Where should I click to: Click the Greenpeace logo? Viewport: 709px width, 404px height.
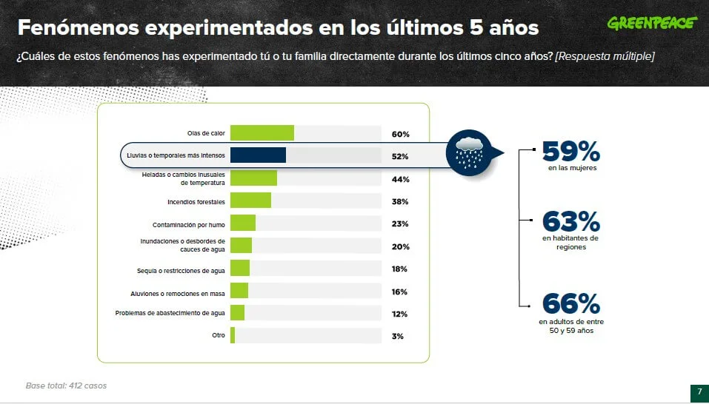[x=652, y=23]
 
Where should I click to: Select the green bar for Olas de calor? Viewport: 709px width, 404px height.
[x=262, y=133]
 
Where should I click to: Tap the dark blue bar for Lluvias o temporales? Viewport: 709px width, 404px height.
[x=258, y=155]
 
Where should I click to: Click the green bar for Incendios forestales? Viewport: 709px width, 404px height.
[x=251, y=201]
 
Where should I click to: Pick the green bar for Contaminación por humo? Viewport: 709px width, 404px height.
[x=243, y=223]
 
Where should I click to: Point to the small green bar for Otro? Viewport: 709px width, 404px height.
[x=233, y=335]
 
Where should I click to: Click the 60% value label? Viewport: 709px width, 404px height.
[x=401, y=135]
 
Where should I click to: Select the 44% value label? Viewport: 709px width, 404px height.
[x=401, y=180]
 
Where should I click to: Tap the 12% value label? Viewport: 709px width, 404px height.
[x=400, y=314]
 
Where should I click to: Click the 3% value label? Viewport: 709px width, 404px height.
[x=397, y=336]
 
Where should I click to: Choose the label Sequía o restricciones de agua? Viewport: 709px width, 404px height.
[x=181, y=271]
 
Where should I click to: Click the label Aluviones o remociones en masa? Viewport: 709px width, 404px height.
[x=178, y=294]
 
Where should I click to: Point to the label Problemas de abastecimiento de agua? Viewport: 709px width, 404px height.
[x=170, y=313]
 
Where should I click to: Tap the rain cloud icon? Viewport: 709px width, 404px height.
[x=469, y=153]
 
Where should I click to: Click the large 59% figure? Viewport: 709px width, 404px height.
[x=571, y=151]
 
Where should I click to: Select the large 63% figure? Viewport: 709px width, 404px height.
[x=571, y=222]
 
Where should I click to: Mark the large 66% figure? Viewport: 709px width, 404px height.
[x=571, y=303]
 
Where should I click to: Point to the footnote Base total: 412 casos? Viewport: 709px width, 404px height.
[x=66, y=386]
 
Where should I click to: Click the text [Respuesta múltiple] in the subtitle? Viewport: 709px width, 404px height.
[x=605, y=57]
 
